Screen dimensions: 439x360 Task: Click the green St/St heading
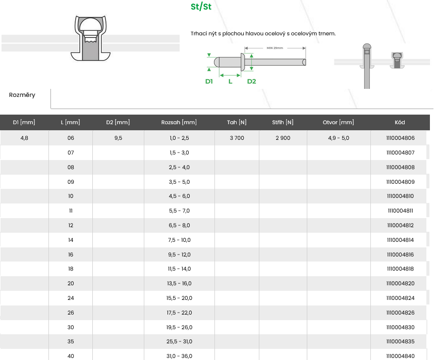(x=201, y=7)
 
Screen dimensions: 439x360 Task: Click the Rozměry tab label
(x=22, y=95)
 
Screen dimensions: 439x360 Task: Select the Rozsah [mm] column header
(x=179, y=122)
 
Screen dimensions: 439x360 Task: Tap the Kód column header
(x=400, y=122)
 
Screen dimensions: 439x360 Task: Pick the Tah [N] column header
(x=237, y=122)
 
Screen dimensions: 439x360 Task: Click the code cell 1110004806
(x=400, y=138)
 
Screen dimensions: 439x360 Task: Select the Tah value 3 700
(x=237, y=138)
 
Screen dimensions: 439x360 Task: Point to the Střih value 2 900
(x=283, y=138)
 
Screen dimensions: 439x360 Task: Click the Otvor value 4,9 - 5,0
(x=339, y=138)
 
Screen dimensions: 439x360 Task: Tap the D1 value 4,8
(x=24, y=138)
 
